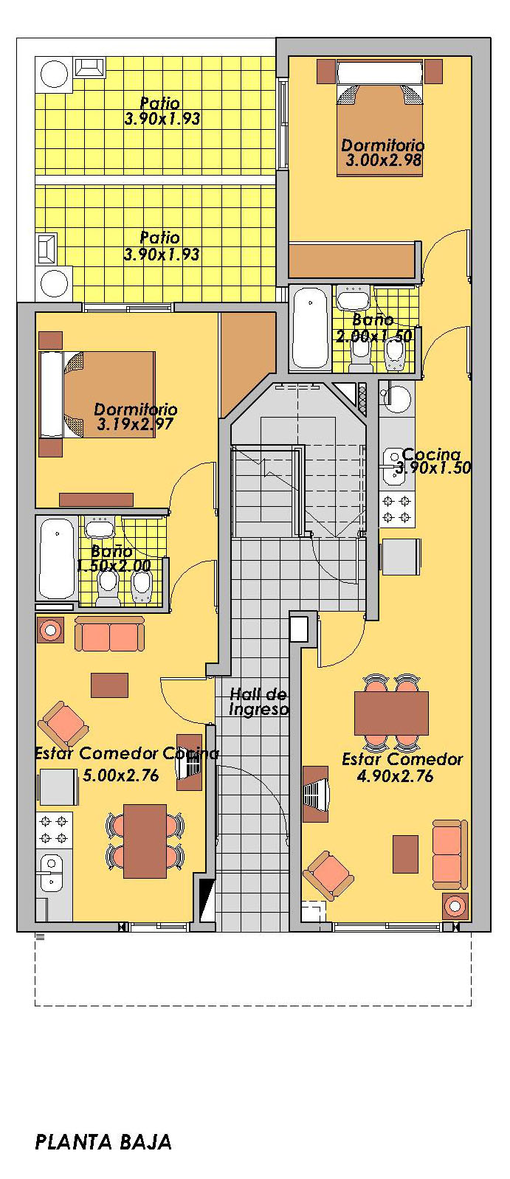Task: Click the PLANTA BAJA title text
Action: [x=103, y=1141]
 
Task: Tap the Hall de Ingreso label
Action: [x=258, y=702]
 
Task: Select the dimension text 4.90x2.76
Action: [x=395, y=776]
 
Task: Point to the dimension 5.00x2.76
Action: [x=120, y=775]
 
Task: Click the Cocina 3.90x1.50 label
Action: [x=433, y=461]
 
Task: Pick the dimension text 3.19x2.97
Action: [x=135, y=423]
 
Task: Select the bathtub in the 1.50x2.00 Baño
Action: [x=57, y=559]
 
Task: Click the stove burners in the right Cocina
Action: [x=397, y=510]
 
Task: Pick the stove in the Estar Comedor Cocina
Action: [x=54, y=829]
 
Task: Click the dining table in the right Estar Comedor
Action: [x=391, y=713]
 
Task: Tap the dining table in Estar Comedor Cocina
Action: [x=145, y=840]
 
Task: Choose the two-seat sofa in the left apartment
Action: [x=109, y=634]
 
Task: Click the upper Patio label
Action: [x=162, y=111]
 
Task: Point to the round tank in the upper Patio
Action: [x=54, y=75]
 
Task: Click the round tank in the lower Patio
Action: [x=54, y=283]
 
